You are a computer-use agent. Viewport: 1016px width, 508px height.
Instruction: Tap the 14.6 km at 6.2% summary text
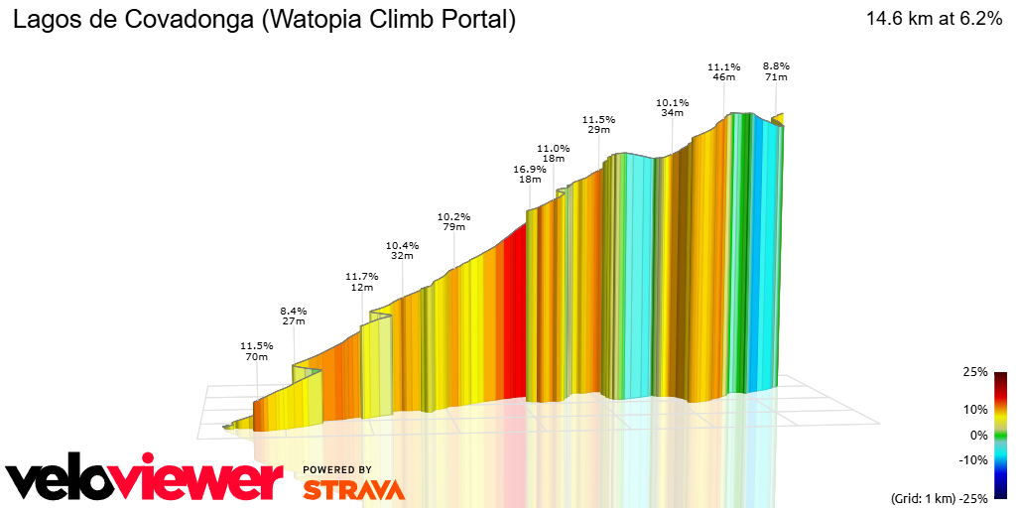coord(934,19)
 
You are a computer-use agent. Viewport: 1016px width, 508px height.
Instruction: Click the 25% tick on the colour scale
coord(974,372)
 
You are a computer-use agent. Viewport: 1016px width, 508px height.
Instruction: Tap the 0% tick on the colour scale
coord(978,435)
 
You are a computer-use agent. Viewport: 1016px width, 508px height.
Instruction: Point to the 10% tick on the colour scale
coord(974,409)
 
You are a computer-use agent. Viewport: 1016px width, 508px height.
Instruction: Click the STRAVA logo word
coord(353,489)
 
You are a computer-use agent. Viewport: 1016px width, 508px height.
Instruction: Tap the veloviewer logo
coord(144,479)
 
